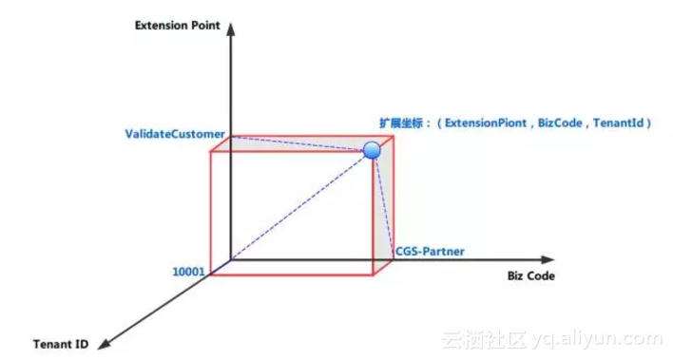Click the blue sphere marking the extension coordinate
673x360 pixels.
(x=372, y=150)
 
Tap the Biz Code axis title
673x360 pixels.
(x=527, y=276)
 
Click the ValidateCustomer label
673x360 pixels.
(x=175, y=134)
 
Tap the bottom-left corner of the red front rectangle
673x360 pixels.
(x=211, y=275)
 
